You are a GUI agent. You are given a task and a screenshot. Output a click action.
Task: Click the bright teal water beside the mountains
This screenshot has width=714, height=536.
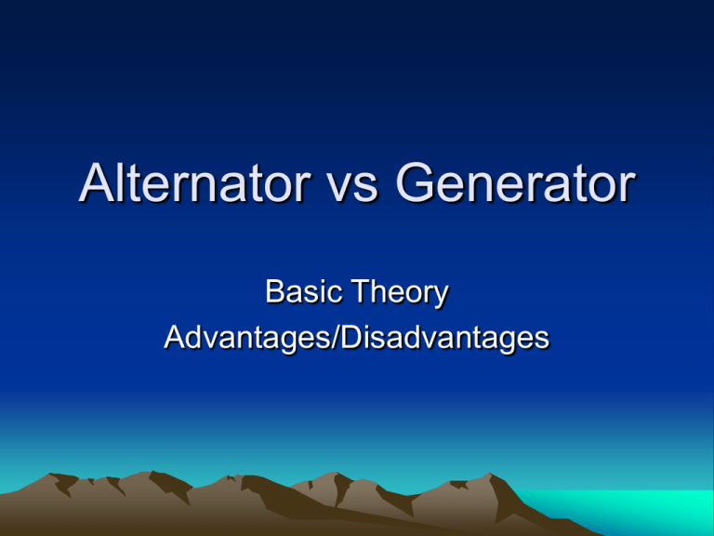pos(641,512)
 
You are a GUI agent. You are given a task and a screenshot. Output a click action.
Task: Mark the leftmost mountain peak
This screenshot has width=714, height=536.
pos(61,476)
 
